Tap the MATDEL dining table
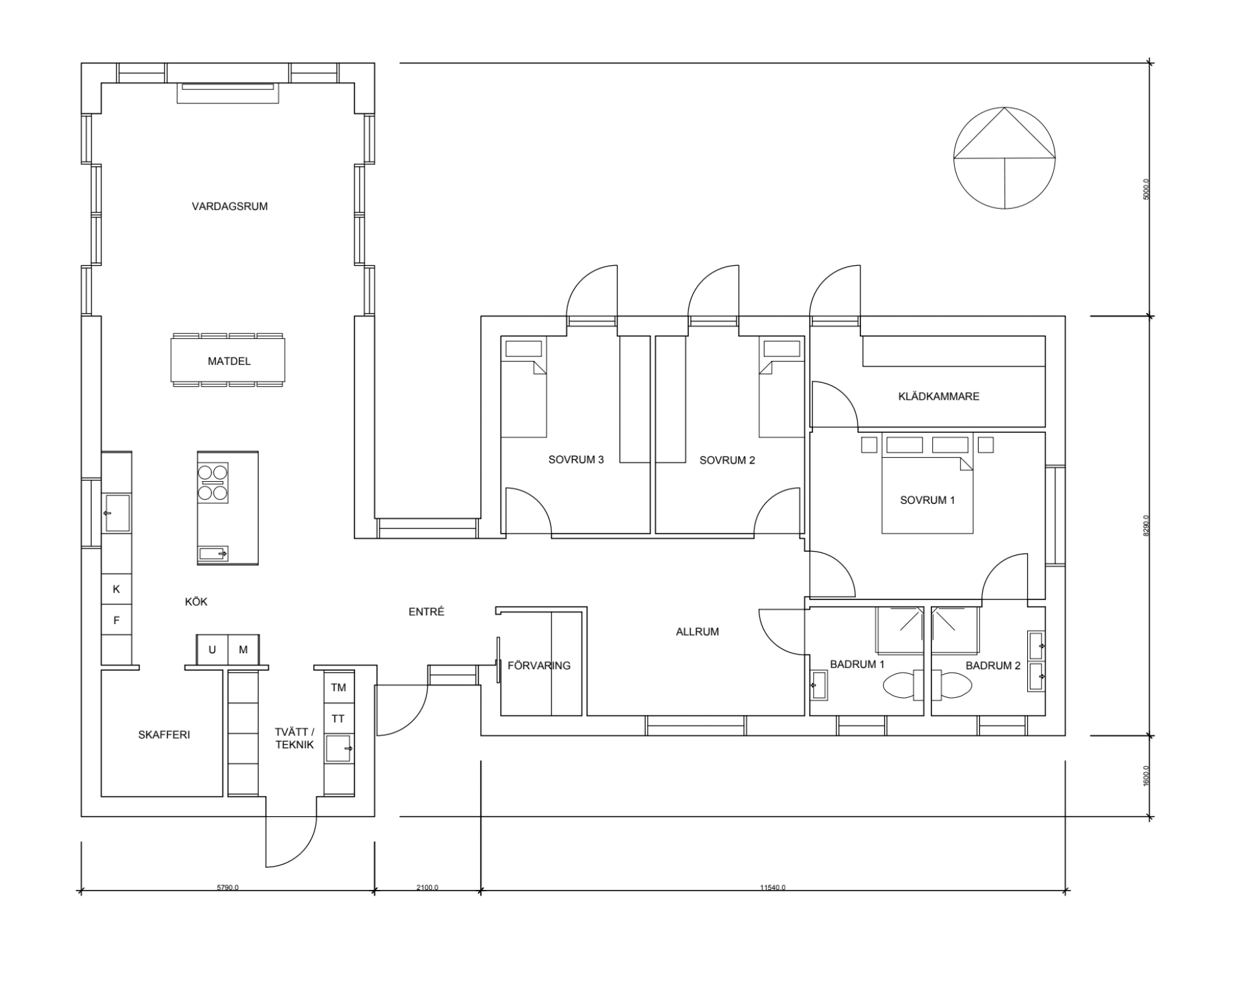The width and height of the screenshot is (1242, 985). pos(228,361)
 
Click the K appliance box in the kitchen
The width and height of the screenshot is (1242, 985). pos(116,589)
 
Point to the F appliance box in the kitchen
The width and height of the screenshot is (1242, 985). pos(116,620)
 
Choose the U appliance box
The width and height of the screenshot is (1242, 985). pos(212,650)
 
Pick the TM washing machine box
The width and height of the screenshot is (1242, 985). pos(338,687)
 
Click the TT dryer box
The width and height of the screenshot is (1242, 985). pos(338,719)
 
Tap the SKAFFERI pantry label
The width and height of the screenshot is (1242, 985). pos(164,735)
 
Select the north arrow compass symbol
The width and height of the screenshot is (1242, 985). pos(1004,158)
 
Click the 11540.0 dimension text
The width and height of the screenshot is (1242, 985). pos(772,887)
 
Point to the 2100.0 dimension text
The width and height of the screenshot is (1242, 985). pos(427,887)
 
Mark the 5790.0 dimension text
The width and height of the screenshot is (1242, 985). pos(228,887)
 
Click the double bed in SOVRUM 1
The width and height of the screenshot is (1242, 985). pos(927,495)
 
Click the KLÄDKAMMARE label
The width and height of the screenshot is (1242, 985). pos(938,396)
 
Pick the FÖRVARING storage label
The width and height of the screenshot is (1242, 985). pos(539,666)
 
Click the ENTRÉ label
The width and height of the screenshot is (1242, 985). pos(426,612)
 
